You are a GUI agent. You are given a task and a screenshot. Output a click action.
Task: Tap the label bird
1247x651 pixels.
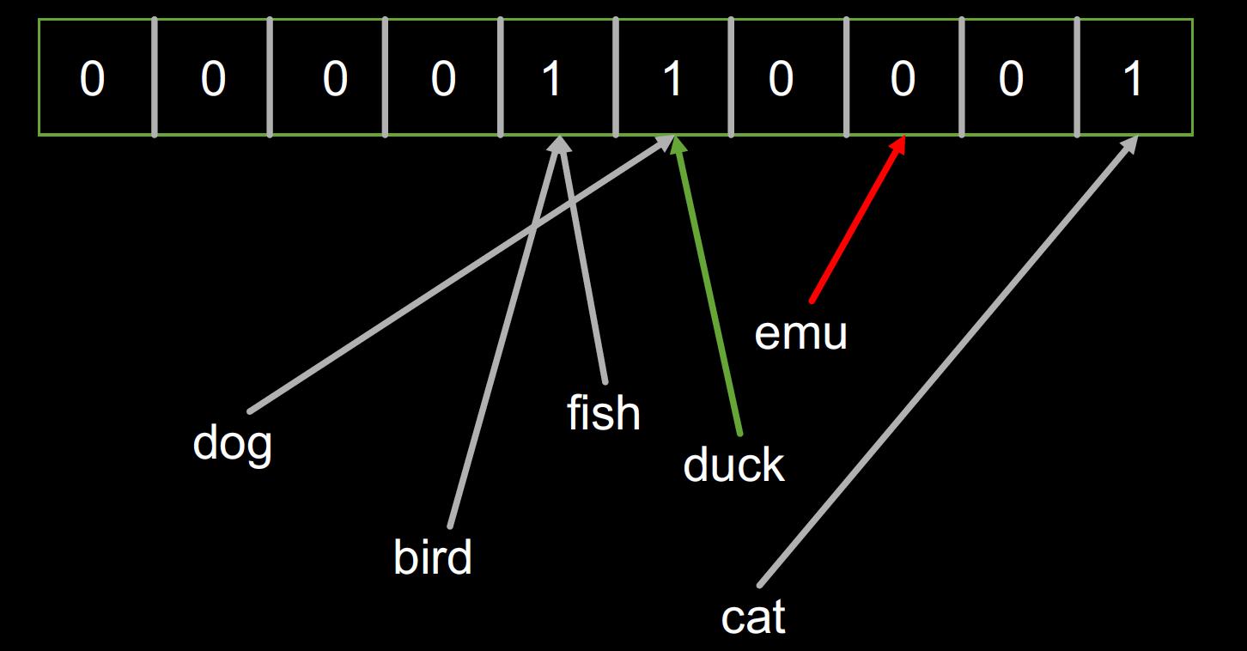coord(433,558)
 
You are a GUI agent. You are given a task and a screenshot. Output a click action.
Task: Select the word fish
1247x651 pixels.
coord(604,413)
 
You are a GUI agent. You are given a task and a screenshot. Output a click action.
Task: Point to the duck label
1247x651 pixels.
coord(733,465)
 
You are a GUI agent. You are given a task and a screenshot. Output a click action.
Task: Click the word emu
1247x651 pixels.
coord(800,333)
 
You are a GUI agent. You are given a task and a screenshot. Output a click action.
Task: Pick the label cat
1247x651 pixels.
coord(753,618)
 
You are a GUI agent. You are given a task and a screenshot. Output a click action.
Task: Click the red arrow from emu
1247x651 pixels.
coord(855,223)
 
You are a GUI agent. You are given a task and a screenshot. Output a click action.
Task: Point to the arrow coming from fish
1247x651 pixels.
coord(584,266)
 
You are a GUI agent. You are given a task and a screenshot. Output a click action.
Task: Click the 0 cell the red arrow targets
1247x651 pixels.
coord(902,79)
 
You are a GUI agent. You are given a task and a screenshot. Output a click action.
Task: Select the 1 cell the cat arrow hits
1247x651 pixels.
coord(1134,79)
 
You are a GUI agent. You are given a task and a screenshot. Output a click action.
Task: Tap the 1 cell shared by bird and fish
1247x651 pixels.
coord(554,79)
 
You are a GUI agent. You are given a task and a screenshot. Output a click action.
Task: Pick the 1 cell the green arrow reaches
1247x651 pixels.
coord(673,79)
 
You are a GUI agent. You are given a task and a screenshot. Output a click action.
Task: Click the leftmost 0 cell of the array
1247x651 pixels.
coord(93,79)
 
